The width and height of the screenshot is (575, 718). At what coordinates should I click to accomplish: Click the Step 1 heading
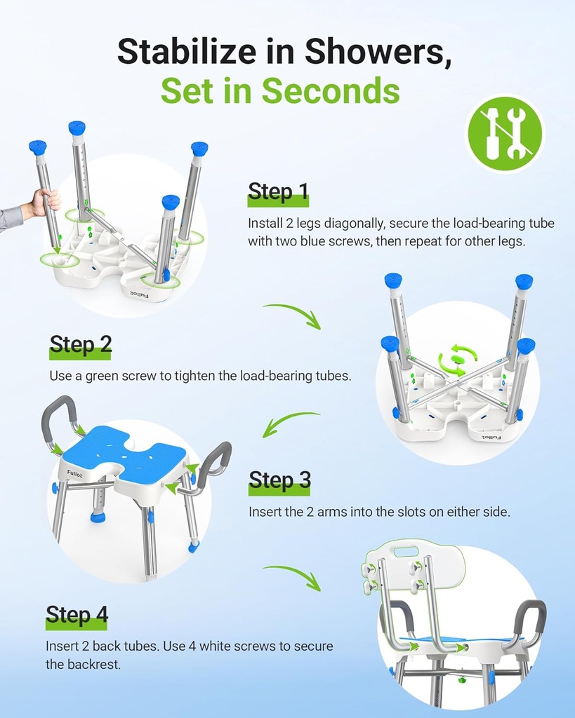(278, 192)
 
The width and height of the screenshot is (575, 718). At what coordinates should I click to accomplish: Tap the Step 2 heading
(80, 344)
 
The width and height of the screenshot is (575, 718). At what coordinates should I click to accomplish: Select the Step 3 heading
(279, 480)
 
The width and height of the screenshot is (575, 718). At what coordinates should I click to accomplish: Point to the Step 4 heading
(77, 614)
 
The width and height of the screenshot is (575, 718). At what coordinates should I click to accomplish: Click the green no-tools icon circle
(505, 133)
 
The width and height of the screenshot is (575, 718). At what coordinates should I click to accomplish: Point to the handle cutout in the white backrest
(407, 551)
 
